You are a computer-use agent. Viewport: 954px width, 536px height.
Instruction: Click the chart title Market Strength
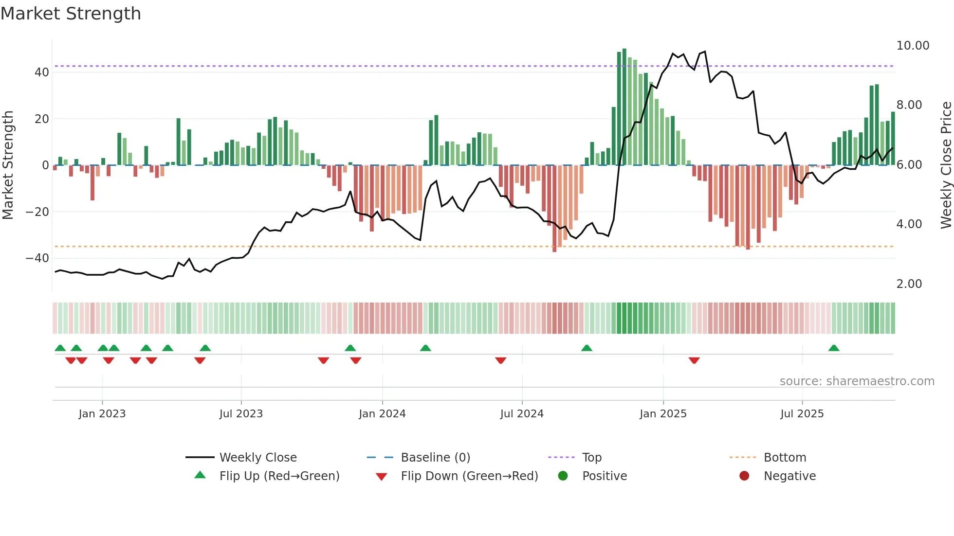pos(71,14)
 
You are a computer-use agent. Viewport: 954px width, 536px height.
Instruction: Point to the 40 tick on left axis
pos(42,72)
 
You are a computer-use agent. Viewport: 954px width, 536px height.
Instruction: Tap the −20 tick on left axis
pos(37,212)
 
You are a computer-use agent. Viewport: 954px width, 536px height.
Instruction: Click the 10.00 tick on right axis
pos(913,46)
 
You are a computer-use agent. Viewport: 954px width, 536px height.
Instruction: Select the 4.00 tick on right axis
pos(909,224)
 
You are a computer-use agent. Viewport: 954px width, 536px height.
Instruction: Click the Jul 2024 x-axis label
pos(521,414)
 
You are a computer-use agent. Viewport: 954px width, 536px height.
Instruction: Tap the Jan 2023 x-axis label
pos(102,414)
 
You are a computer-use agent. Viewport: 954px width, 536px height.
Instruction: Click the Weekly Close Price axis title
pos(946,165)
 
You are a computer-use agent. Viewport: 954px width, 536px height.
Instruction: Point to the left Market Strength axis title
pos(8,165)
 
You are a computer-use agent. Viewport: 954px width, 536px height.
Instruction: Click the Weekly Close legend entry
pos(257,458)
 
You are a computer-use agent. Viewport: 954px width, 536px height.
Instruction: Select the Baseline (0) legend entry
pos(435,458)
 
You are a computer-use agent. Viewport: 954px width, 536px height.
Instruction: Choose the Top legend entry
pos(591,458)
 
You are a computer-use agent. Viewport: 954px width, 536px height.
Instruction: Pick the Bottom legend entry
pos(785,458)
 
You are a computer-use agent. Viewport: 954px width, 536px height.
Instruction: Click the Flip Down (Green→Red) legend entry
pos(469,476)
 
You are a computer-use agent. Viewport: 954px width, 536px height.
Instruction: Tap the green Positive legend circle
pos(563,476)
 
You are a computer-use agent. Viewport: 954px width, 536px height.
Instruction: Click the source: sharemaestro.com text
pos(857,381)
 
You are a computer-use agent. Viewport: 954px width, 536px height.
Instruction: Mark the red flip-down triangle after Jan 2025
pos(694,360)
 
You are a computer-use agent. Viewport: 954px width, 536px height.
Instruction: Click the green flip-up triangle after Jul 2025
pos(834,348)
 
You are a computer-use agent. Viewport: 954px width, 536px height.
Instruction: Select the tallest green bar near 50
pos(624,107)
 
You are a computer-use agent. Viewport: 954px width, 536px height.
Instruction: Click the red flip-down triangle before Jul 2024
pos(501,360)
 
